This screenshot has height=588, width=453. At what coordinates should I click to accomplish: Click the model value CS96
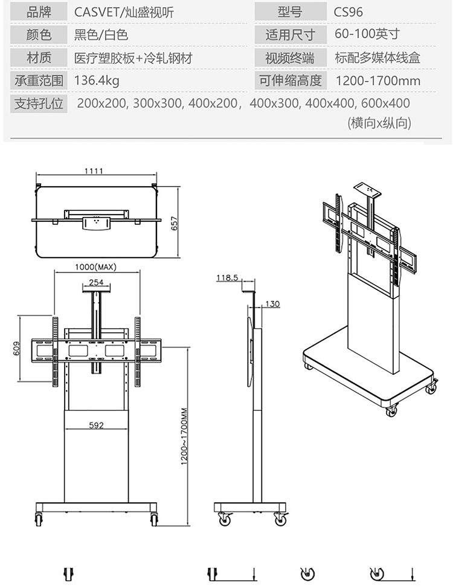point(348,12)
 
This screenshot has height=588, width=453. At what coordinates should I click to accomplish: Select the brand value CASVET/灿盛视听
point(124,12)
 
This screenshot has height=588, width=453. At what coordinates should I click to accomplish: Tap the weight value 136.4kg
point(97,80)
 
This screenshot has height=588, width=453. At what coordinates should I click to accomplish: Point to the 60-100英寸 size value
point(367,34)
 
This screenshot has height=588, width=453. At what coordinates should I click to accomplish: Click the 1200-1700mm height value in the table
point(377,80)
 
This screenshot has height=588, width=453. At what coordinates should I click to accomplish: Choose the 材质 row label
point(39,58)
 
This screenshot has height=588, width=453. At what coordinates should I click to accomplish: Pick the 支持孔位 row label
point(39,103)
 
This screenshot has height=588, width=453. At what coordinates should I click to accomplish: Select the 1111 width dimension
point(93,171)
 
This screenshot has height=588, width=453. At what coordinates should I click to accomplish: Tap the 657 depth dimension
point(175,224)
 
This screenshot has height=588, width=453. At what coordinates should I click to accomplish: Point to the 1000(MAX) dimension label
point(95,267)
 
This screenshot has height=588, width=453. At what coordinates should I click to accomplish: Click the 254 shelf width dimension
point(96,282)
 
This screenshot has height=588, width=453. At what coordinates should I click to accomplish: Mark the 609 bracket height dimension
point(16,348)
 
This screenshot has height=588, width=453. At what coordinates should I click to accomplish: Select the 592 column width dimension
point(96,425)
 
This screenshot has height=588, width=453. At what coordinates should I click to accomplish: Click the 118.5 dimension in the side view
point(227,278)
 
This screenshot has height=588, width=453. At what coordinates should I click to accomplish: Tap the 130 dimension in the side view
point(273,304)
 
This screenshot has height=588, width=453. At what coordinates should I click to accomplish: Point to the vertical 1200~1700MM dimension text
point(184,436)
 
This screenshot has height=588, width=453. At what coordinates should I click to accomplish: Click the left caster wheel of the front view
point(39,519)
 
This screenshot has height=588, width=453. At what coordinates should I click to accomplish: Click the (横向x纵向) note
point(379,123)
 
